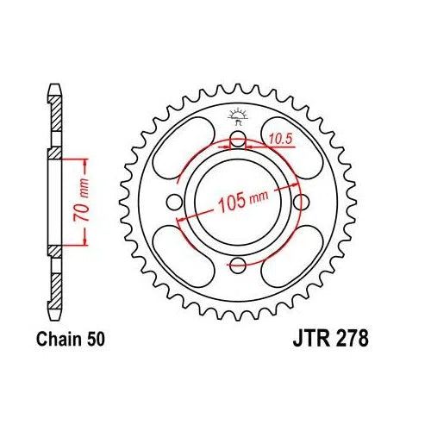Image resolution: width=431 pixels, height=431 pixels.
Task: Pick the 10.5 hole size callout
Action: (x=281, y=135)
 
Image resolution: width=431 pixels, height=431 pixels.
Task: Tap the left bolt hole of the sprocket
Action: (x=176, y=202)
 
